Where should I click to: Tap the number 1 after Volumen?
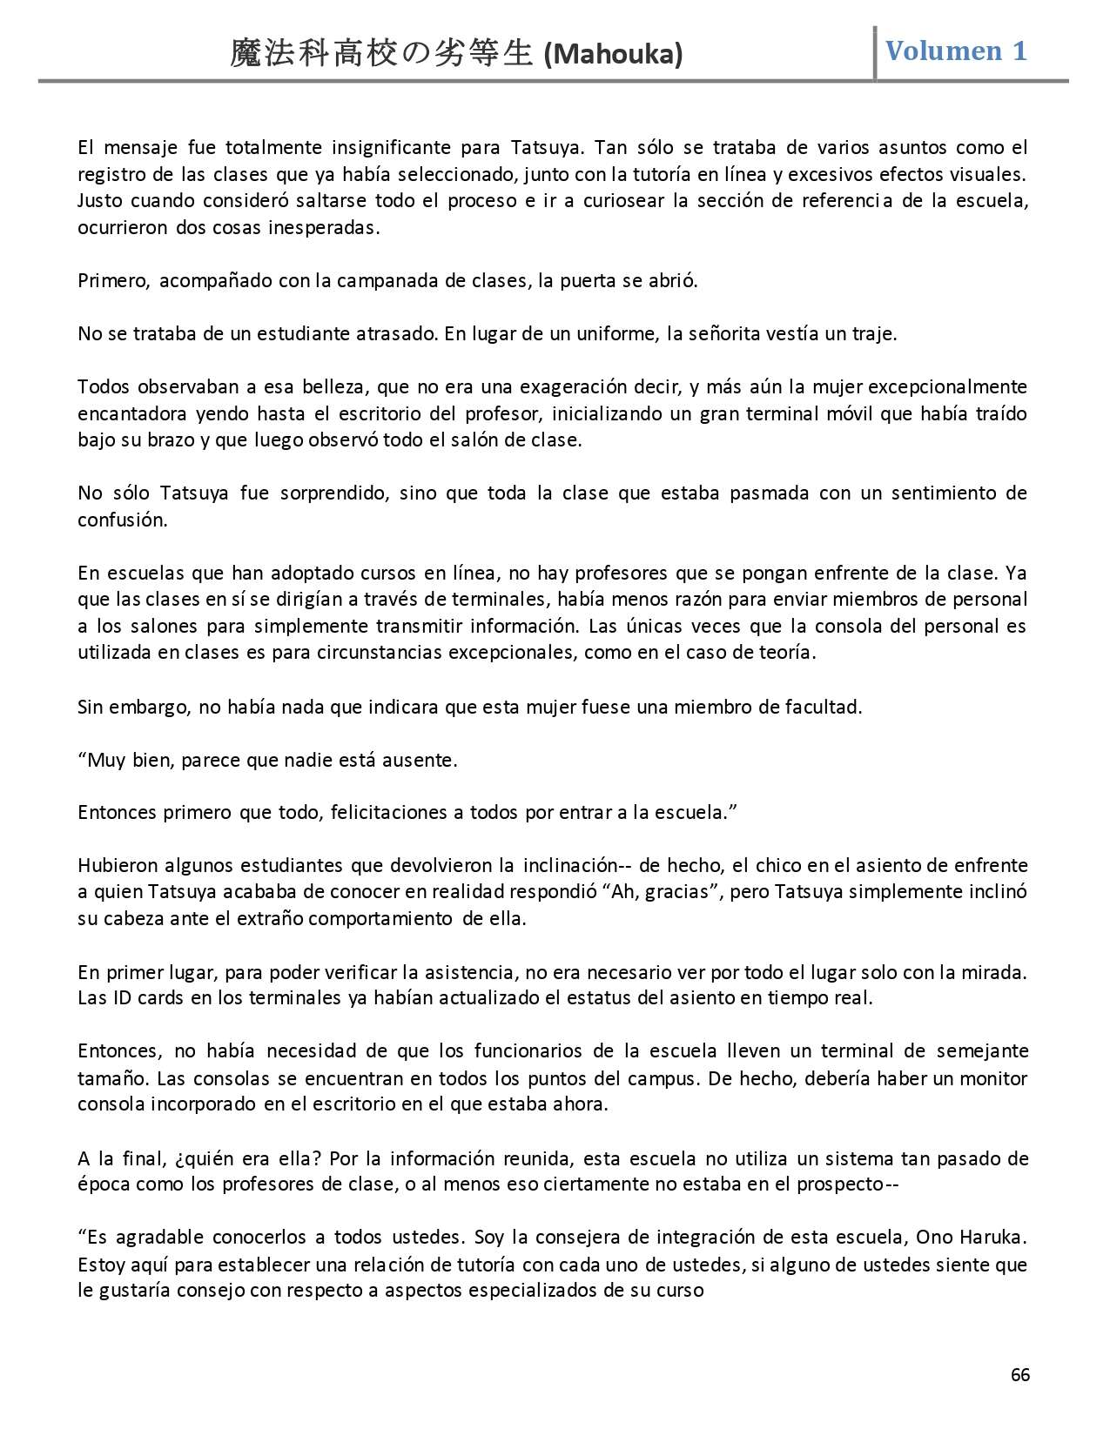(x=1019, y=50)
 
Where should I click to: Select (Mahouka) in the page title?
(x=613, y=55)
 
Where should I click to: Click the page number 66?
(x=1020, y=1374)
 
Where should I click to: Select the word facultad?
(x=819, y=706)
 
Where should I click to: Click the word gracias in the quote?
(x=676, y=892)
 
